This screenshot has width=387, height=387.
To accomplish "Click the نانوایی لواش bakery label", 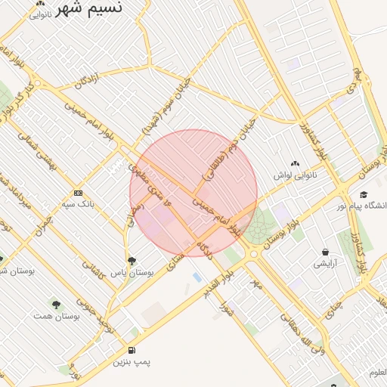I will (293, 175).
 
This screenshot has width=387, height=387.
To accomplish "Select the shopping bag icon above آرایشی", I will (325, 252).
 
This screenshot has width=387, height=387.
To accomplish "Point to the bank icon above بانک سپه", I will (78, 193).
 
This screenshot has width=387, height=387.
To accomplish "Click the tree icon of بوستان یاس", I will (132, 261).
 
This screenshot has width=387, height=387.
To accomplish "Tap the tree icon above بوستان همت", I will (55, 304).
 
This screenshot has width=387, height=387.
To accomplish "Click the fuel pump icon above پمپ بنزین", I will (133, 351).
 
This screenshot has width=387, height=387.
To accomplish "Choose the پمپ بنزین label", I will (132, 362).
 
